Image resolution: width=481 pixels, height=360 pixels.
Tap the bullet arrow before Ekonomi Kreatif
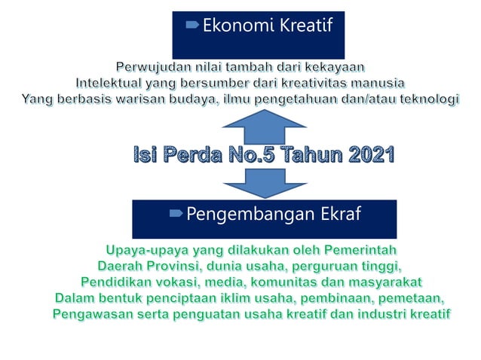[x=191, y=26]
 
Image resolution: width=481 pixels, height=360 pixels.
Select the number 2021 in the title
[x=363, y=156]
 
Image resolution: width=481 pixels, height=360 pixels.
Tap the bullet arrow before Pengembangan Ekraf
[x=175, y=215]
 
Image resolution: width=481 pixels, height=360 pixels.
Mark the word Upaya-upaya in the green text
[x=143, y=249]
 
